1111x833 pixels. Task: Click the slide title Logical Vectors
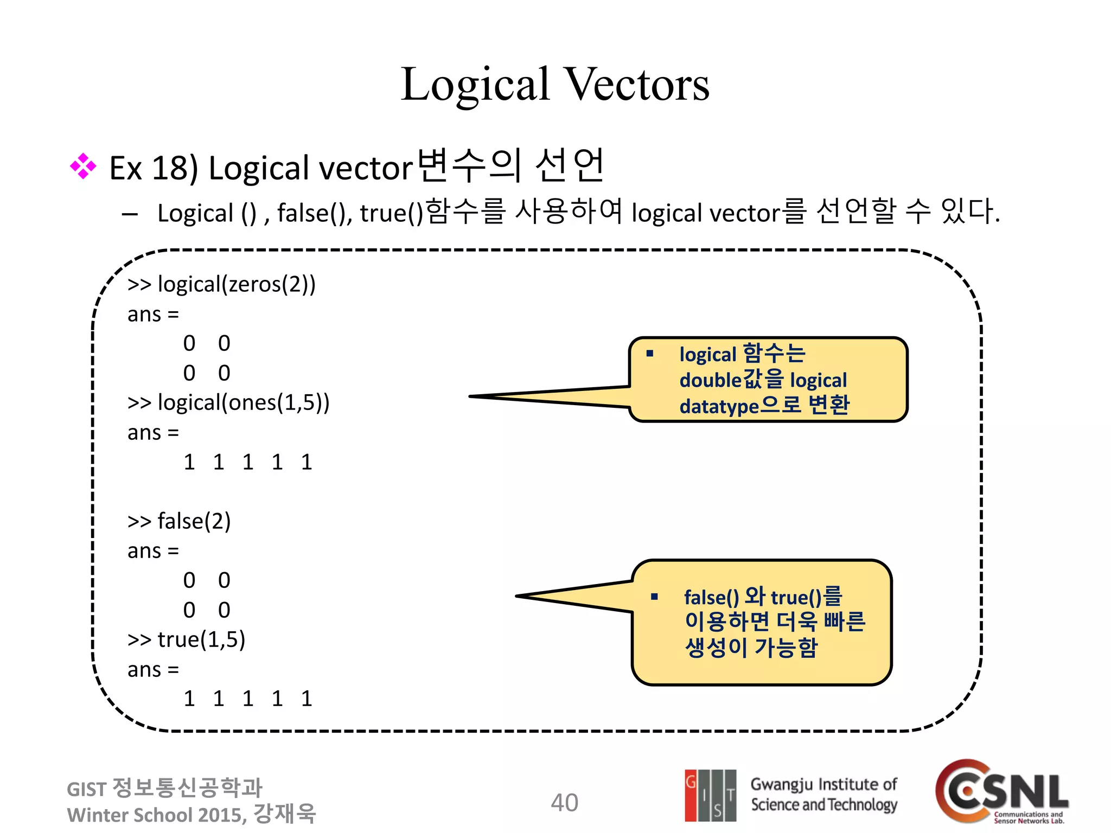pos(554,85)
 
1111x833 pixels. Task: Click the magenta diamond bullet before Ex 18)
pos(83,166)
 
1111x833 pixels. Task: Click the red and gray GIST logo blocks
pos(710,795)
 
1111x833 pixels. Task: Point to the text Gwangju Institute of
pos(823,784)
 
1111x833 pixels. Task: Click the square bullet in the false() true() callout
pos(654,597)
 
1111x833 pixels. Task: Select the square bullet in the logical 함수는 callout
pos(650,354)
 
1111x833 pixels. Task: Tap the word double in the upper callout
pos(710,381)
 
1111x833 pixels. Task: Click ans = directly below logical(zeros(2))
pos(153,315)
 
